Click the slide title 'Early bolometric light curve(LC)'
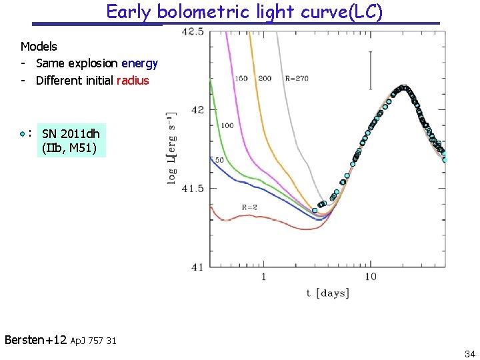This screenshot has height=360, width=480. tap(244, 12)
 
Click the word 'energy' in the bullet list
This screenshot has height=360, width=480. tap(139, 63)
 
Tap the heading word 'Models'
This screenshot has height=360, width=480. tap(39, 47)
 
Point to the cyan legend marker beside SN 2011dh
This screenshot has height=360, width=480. tap(23, 133)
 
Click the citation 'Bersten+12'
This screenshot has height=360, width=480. tap(35, 340)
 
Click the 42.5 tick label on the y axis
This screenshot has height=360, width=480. tap(193, 31)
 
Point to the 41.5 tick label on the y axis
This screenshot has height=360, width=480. tap(193, 189)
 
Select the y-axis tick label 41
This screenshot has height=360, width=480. tap(197, 267)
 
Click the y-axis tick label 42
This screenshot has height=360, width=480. tap(197, 110)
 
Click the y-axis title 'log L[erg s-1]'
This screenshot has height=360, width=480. tap(172, 149)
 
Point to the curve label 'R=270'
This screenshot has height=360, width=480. tap(296, 79)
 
